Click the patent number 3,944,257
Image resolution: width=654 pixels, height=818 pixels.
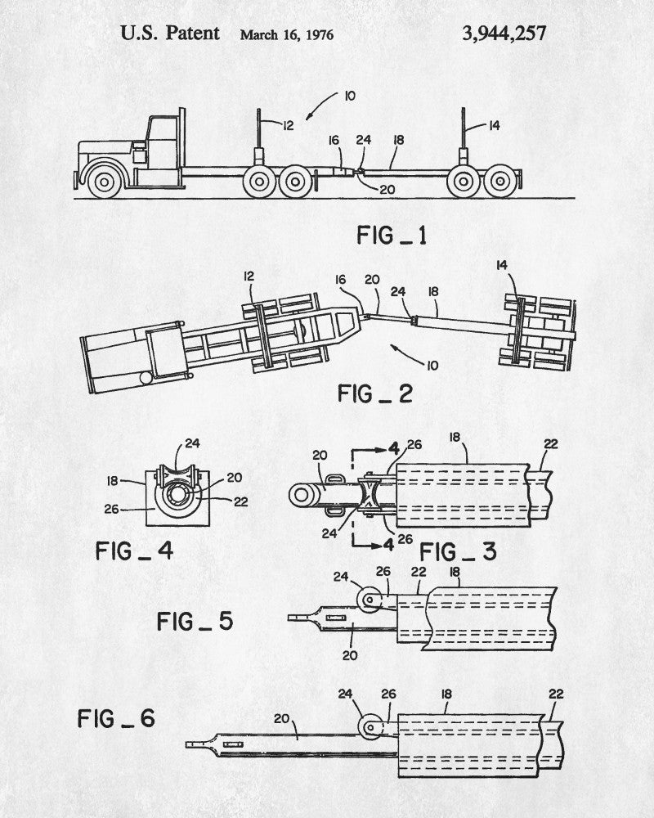pos(504,34)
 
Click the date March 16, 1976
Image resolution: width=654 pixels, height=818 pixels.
pos(287,35)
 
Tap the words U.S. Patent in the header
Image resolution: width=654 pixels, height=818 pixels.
pos(170,33)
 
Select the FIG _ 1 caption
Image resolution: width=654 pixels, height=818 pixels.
pos(392,236)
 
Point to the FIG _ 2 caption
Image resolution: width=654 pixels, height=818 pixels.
pos(375,393)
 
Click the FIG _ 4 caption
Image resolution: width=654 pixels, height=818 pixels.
pos(134,551)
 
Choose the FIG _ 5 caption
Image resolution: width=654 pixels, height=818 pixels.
pos(195,622)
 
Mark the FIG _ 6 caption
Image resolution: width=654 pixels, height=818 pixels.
pos(116,718)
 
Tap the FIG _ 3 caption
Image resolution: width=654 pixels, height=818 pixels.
pos(458,552)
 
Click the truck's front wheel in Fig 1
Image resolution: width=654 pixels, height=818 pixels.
pos(105,181)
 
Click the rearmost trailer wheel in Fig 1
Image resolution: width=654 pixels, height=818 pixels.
pos(500,181)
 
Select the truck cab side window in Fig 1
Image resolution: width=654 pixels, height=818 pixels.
pos(163,128)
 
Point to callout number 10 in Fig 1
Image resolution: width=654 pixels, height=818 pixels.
pos(349,96)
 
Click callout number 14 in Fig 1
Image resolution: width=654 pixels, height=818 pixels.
pos(495,125)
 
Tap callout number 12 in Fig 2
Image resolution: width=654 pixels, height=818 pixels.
pos(249,276)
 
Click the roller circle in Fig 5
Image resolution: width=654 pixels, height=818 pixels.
pos(370,600)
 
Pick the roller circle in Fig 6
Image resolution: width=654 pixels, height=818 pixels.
pos(370,726)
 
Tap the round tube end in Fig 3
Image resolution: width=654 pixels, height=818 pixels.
pos(302,495)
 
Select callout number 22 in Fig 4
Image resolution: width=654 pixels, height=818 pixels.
pos(240,502)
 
